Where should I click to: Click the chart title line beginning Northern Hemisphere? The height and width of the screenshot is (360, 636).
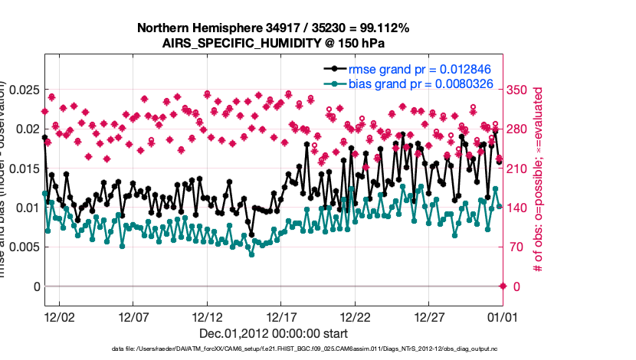pos(273,28)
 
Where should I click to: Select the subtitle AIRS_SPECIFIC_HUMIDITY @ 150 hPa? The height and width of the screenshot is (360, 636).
pos(273,43)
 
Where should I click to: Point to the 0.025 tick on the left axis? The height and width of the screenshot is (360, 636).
pos(24,90)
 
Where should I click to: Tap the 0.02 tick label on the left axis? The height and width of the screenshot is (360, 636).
pos(27,129)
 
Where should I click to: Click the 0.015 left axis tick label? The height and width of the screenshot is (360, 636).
pos(24,169)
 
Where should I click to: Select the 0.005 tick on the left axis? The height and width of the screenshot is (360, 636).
pos(24,247)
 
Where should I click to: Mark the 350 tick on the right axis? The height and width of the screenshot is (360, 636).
pos(520,90)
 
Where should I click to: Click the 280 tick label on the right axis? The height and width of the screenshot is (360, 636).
pos(520,129)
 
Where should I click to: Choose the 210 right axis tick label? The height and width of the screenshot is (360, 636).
pos(520,169)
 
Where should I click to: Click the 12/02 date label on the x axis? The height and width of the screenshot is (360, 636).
pos(59,316)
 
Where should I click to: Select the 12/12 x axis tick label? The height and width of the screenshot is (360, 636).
pos(207,316)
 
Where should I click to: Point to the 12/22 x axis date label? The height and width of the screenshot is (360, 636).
pos(356,316)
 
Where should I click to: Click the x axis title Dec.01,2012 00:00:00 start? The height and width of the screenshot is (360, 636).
pos(274,333)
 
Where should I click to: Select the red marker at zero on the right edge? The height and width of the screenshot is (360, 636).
pos(503,286)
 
